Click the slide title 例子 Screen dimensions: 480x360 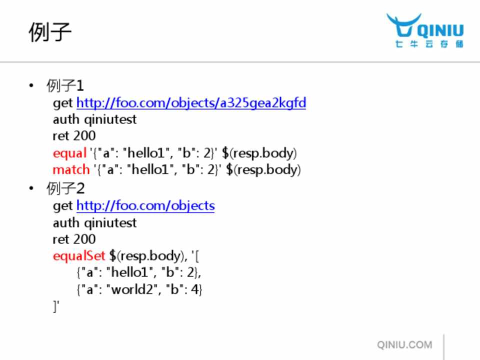[50, 32]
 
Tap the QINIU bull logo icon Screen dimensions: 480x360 [403, 25]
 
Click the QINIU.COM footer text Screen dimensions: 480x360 [404, 344]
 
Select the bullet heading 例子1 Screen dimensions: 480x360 [65, 85]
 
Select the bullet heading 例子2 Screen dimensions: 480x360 [65, 188]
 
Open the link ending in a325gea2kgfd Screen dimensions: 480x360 [191, 103]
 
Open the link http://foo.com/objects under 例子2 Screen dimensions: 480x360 [145, 205]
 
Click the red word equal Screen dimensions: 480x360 [69, 153]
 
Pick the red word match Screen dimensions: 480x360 [71, 169]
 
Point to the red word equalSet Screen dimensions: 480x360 [78, 256]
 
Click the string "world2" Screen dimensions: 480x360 [131, 289]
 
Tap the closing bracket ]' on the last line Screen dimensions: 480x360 [56, 306]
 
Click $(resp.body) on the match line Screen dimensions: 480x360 [263, 169]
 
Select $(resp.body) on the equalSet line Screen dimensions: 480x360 [146, 256]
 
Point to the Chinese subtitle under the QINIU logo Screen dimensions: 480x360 [429, 44]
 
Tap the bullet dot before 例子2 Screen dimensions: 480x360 [31, 188]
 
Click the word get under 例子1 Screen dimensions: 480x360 [63, 103]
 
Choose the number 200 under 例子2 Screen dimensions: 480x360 [84, 239]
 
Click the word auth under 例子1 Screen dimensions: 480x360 [66, 119]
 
